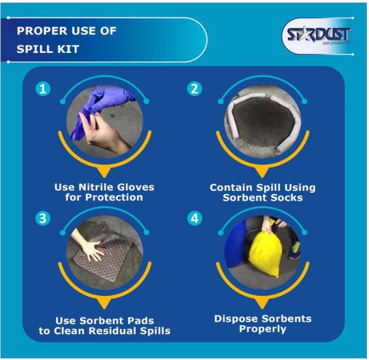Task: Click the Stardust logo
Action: [x=318, y=35]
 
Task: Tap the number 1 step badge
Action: [x=43, y=89]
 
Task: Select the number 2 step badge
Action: [x=194, y=89]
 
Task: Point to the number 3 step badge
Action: [x=43, y=218]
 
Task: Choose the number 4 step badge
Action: [x=194, y=218]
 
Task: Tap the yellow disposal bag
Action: [x=265, y=253]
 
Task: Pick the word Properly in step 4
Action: [x=263, y=329]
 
